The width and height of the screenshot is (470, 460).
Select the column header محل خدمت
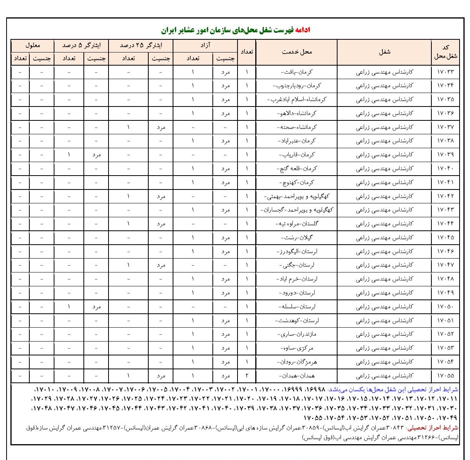pos(296,52)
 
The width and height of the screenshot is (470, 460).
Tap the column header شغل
pos(384,52)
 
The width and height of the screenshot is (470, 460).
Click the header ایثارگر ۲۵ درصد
pos(141,45)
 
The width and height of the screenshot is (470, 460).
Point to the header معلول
pos(33,45)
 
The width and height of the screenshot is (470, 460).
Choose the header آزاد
pos(205,45)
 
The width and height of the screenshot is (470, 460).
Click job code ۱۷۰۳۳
pos(445,72)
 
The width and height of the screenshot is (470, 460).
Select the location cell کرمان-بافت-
pos(296,72)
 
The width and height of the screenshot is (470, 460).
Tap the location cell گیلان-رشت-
pos(297,238)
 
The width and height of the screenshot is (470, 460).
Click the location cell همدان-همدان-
pos(296,376)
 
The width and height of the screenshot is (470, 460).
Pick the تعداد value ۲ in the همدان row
pos(247,376)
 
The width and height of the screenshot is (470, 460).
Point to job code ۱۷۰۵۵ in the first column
pos(445,376)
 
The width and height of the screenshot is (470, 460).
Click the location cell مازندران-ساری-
pos(296,335)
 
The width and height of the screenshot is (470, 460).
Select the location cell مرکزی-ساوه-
pos(296,348)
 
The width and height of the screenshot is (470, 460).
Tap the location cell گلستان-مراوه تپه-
pos(296,224)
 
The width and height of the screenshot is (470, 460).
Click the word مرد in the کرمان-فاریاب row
pos(96,155)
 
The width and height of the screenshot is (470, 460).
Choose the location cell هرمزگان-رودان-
pos(296,362)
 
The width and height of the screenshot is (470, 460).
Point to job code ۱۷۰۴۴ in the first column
pos(445,224)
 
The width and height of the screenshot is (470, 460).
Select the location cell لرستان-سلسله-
pos(296,307)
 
